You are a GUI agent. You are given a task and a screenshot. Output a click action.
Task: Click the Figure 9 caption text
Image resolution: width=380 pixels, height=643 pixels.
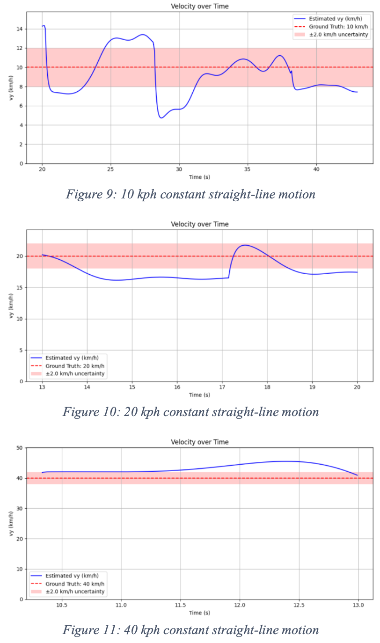tap(190, 194)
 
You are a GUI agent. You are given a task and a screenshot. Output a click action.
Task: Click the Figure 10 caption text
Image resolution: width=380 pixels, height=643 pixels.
tap(190, 412)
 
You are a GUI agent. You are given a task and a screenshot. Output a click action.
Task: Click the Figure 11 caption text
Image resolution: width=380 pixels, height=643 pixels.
tap(190, 629)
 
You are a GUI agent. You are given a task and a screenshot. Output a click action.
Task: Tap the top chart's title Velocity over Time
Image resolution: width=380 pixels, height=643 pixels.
tap(199, 6)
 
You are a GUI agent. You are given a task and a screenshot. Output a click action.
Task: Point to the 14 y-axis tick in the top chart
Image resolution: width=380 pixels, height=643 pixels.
tap(20, 29)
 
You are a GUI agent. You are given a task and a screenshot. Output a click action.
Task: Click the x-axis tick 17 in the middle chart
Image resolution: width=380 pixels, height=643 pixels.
tap(222, 387)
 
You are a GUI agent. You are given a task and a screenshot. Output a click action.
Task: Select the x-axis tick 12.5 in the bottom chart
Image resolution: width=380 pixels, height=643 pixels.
tap(299, 605)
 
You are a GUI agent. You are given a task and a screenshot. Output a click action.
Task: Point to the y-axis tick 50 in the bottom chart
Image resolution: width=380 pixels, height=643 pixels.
tap(20, 448)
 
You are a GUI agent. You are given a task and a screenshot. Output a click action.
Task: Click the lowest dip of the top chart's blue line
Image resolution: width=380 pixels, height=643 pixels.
tap(161, 117)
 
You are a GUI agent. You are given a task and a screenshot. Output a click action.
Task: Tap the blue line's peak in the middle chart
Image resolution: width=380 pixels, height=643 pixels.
tap(244, 245)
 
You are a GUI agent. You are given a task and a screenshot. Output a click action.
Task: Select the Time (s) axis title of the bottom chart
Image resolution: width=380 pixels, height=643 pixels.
tap(199, 613)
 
